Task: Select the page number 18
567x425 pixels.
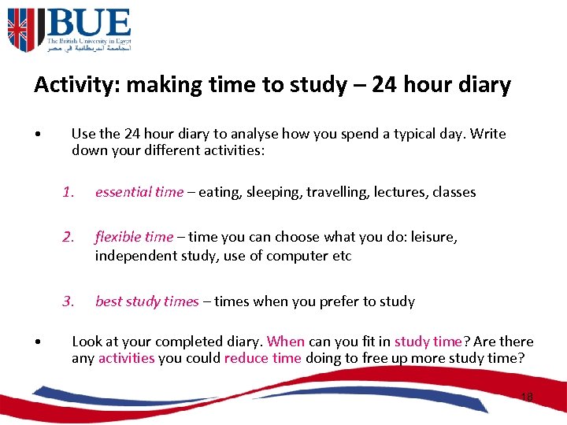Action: pyautogui.click(x=527, y=397)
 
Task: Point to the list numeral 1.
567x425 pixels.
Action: pyautogui.click(x=69, y=192)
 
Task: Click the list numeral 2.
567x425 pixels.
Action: pyautogui.click(x=69, y=237)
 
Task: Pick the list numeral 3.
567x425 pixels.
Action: pyautogui.click(x=69, y=301)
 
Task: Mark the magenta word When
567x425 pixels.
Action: pyautogui.click(x=285, y=342)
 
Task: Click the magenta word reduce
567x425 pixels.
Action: pyautogui.click(x=246, y=359)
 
